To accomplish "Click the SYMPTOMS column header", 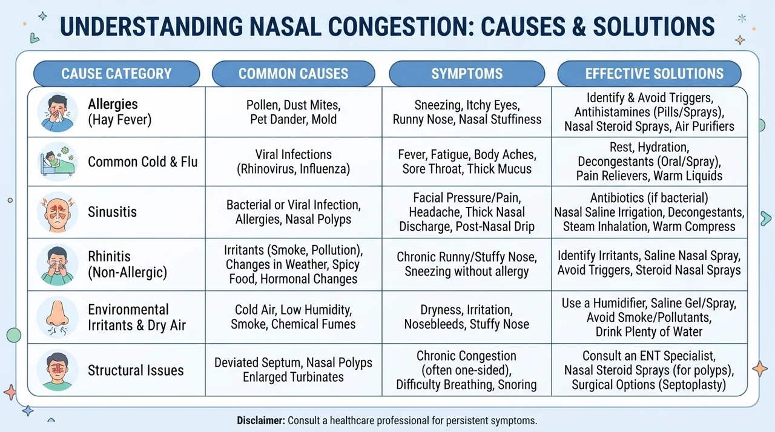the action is (x=467, y=74).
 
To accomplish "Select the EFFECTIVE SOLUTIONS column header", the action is (x=649, y=74).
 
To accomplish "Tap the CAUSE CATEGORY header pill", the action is (x=117, y=74).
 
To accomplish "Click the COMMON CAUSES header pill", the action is (x=294, y=74).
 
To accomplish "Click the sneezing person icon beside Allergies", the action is (x=57, y=112).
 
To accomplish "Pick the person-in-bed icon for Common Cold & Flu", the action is (x=57, y=162).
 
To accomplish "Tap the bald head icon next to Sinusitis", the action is (x=57, y=212).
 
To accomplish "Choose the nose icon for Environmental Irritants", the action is (x=57, y=317).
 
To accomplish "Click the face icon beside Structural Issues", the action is (x=57, y=370).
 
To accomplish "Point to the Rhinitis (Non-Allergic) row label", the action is (x=127, y=264).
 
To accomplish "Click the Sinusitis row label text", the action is (x=112, y=212).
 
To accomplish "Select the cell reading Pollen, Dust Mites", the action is (x=294, y=112).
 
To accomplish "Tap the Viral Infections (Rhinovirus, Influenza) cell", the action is (x=294, y=162).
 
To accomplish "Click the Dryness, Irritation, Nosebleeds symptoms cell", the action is (x=467, y=317).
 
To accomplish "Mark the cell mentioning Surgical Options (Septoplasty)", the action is (x=649, y=370).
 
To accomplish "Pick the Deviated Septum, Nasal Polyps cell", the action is (x=294, y=370).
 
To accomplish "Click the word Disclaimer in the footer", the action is (x=261, y=421).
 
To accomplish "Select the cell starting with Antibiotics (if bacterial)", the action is (x=649, y=212).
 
